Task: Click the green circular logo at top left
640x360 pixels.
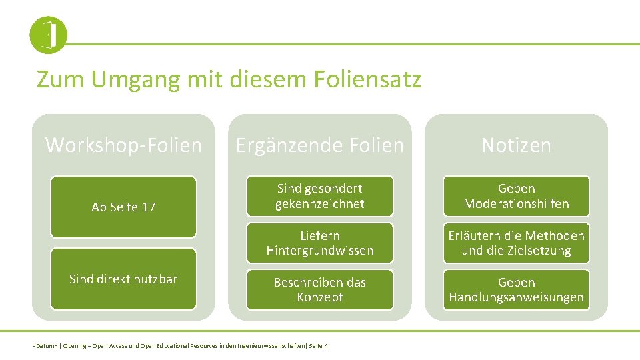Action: [48, 35]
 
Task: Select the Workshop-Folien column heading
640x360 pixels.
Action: [123, 145]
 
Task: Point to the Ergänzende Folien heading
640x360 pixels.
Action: [320, 145]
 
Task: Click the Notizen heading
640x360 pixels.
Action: [516, 145]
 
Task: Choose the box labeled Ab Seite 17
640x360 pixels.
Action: [123, 207]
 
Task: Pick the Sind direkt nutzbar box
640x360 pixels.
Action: [123, 279]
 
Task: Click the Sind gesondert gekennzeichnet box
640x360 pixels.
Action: [320, 196]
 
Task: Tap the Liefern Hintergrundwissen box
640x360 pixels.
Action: [320, 243]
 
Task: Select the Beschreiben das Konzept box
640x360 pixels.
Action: [320, 289]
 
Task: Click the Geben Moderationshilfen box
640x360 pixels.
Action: [516, 196]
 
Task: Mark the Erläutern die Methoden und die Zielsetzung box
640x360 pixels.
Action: [516, 243]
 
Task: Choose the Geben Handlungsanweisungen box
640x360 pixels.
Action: [516, 289]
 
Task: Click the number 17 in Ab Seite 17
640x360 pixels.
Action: [148, 207]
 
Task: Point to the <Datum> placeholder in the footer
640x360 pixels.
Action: [45, 346]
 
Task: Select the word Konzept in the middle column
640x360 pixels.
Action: [320, 297]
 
